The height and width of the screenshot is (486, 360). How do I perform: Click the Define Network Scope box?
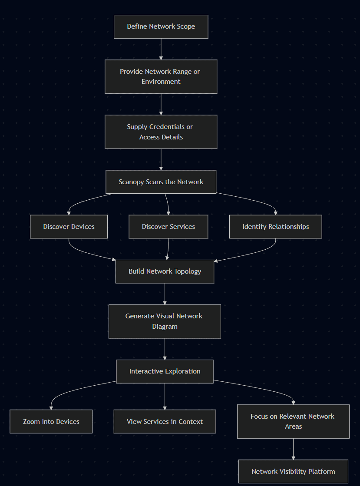[161, 26]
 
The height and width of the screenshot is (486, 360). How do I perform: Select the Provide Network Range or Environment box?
[161, 76]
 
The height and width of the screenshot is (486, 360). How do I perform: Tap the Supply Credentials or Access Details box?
[161, 132]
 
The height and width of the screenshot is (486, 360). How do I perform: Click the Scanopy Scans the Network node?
[161, 182]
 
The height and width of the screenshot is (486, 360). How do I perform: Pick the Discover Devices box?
[69, 226]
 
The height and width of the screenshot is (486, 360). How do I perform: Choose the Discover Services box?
[168, 226]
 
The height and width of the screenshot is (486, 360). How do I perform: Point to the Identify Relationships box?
[275, 226]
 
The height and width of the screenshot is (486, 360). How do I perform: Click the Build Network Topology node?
[165, 271]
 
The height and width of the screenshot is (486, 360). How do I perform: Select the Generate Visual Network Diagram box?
[165, 321]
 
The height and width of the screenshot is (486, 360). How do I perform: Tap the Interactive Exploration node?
[165, 371]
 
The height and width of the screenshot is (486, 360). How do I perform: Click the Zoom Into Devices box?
[51, 421]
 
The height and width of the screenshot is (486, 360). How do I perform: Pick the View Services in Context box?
[165, 421]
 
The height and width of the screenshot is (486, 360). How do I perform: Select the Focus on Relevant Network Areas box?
[293, 421]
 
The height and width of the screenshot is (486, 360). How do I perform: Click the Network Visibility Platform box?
[293, 471]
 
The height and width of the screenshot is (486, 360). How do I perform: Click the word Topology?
[188, 271]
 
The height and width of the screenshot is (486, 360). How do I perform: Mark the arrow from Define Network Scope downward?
[161, 49]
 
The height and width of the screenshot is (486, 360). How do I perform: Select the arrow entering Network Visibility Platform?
[293, 449]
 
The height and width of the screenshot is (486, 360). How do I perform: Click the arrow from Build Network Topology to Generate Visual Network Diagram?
[165, 294]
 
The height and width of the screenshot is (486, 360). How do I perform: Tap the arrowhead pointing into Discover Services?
[168, 212]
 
